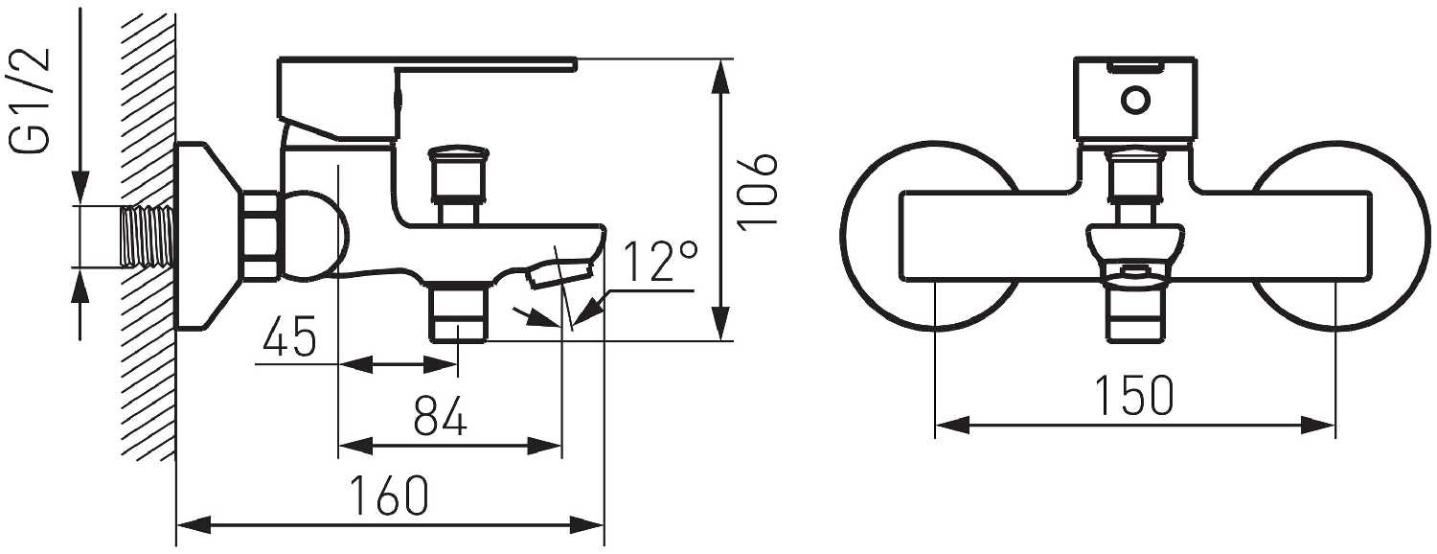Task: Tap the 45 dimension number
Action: [289, 341]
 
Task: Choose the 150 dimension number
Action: [1134, 396]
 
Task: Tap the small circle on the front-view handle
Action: [1135, 100]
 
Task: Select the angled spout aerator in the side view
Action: [557, 270]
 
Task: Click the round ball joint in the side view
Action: [312, 236]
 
